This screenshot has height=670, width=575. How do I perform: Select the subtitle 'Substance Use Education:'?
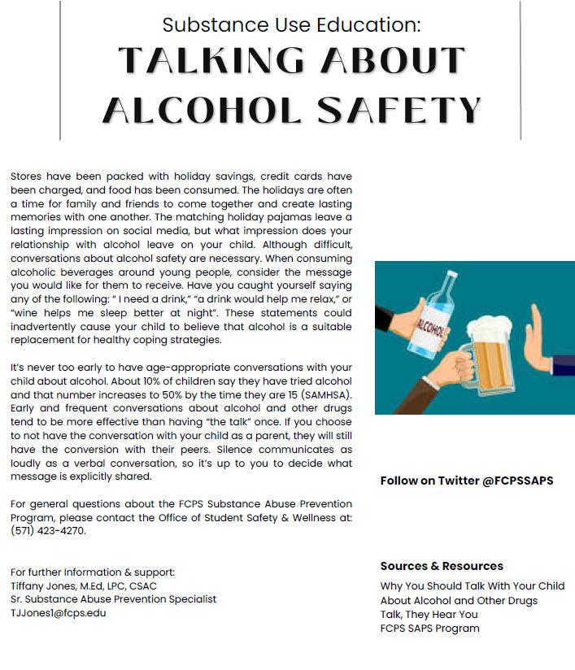(x=291, y=24)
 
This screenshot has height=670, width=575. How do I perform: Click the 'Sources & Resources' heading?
(x=442, y=566)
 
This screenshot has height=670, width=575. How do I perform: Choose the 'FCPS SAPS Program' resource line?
(x=429, y=629)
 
